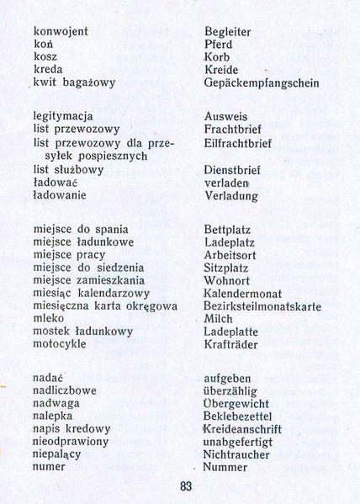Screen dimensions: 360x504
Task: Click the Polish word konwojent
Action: (x=61, y=31)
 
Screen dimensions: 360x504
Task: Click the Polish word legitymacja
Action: (x=63, y=117)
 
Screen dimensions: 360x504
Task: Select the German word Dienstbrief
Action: (x=232, y=169)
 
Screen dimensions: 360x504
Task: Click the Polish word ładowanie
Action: (x=60, y=195)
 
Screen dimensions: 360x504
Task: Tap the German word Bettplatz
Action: (x=228, y=229)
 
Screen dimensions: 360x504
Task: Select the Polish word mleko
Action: (x=50, y=319)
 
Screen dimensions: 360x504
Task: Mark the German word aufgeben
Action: (x=230, y=379)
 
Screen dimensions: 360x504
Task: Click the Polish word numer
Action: (x=49, y=467)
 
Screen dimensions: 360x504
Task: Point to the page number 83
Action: (x=186, y=485)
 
